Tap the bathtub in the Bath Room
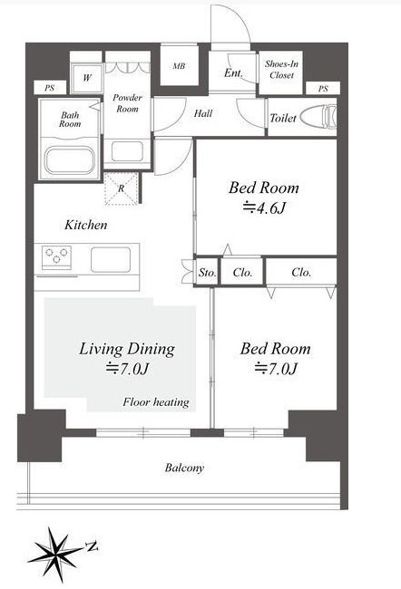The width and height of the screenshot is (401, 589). click(70, 160)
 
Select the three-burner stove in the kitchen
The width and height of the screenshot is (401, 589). click(56, 257)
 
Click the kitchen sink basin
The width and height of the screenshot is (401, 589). click(111, 259)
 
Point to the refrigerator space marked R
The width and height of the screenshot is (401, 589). click(122, 188)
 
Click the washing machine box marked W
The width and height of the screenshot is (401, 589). click(87, 78)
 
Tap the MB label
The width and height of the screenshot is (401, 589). click(179, 66)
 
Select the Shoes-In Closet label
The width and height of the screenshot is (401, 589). click(281, 70)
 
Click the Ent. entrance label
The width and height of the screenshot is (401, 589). click(233, 72)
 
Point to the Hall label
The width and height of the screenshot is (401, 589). click(203, 113)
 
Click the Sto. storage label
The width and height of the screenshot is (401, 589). click(207, 273)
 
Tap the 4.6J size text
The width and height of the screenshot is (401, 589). click(265, 207)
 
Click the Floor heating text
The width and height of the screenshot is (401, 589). click(156, 402)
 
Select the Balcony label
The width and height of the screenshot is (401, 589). click(184, 468)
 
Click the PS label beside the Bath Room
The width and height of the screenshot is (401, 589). click(50, 88)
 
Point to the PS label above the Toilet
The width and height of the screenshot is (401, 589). click(323, 89)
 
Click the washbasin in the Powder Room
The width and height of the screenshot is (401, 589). click(127, 151)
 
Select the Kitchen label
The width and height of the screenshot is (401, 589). click(86, 225)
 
